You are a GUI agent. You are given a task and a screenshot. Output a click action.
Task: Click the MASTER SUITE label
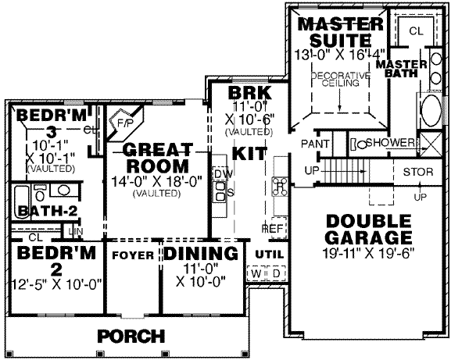(340, 29)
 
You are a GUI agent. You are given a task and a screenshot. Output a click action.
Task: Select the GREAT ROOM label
(159, 158)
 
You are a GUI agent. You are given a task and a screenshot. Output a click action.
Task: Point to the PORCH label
(131, 337)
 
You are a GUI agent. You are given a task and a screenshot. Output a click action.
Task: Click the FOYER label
(131, 255)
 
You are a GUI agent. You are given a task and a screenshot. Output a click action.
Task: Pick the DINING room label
(200, 254)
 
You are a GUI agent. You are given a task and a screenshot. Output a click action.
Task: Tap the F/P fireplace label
(125, 123)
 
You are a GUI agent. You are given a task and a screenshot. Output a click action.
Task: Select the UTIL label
(267, 254)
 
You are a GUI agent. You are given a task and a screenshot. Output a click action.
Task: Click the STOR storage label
(418, 172)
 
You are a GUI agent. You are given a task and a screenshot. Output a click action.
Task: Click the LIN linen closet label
(76, 231)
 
